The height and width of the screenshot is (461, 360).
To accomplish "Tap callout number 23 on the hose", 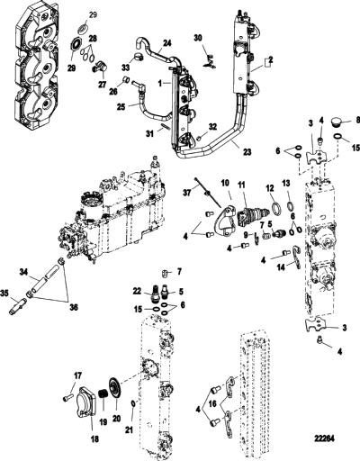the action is tap(247, 152).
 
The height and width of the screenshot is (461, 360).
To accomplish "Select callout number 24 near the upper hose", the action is tap(167, 43).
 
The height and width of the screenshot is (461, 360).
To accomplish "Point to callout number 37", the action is tap(187, 192).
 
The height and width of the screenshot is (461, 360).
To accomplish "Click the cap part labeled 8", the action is tap(338, 122).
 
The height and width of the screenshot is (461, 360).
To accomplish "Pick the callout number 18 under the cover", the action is tap(94, 439).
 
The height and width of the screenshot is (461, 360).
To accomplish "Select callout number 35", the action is tap(13, 292).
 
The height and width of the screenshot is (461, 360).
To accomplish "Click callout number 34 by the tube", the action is tap(24, 272).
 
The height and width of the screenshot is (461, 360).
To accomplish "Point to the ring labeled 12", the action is tap(276, 208).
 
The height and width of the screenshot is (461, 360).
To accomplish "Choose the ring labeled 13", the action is tap(290, 207).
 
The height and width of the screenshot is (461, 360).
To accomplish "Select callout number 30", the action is tap(198, 38).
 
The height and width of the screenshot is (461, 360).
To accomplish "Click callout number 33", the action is tap(126, 68).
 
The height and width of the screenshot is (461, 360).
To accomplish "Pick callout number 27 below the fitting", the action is tap(103, 85).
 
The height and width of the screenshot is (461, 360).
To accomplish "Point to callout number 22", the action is tap(138, 291).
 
